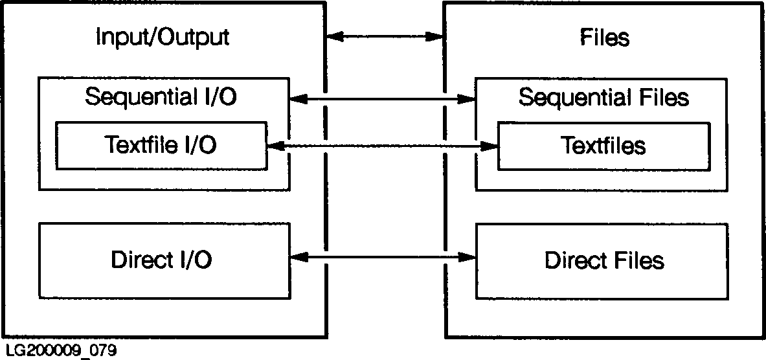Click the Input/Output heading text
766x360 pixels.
coord(162,38)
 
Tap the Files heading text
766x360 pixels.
coord(604,38)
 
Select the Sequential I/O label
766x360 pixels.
coord(161,97)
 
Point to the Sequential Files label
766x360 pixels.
coord(603,98)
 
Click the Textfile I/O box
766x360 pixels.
coord(161,146)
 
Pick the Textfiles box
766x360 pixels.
coord(603,146)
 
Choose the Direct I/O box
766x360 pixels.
coord(162,260)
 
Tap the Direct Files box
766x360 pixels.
coord(604,260)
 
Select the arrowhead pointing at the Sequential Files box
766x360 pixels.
coord(467,98)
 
